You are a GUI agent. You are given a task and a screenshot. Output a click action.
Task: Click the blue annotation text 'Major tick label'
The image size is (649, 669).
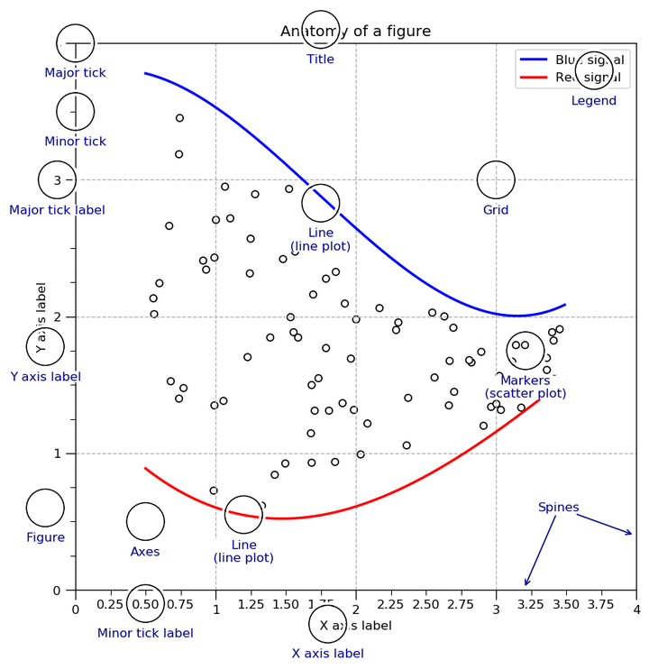57,210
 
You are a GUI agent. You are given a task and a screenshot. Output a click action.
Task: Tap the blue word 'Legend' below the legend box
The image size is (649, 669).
594,101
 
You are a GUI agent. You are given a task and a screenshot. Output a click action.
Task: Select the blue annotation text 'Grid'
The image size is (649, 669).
496,210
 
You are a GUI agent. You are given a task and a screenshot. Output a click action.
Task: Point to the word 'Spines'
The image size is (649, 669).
558,507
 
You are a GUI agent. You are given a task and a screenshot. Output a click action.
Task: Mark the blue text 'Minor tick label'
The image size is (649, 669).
145,633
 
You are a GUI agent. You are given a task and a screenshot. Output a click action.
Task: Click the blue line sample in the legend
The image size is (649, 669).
534,60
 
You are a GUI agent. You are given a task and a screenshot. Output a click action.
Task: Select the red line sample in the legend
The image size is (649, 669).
534,78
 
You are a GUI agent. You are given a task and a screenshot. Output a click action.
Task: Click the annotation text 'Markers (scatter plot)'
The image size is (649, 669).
526,387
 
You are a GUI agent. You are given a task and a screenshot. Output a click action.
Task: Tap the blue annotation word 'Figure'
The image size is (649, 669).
46,537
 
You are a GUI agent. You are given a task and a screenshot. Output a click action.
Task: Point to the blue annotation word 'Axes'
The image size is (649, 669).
145,552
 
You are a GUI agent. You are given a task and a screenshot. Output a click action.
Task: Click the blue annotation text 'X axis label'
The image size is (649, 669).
327,654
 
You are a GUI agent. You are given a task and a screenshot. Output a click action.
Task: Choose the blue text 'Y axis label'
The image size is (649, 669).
45,377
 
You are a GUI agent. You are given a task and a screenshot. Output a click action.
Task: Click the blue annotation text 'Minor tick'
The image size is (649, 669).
75,142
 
